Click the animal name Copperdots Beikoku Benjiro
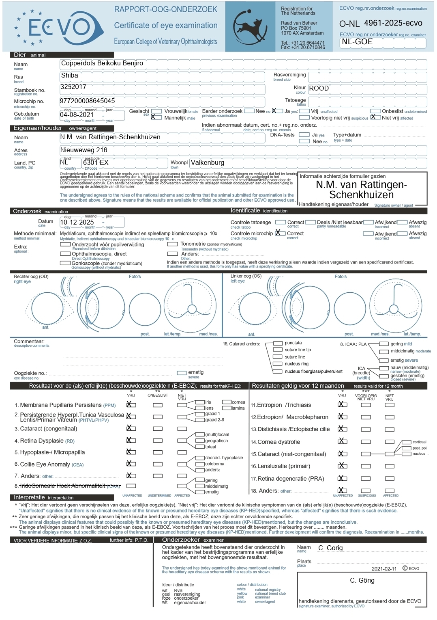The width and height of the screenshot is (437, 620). (102, 63)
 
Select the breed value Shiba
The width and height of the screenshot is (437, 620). (70, 76)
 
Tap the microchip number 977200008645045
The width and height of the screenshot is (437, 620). (88, 101)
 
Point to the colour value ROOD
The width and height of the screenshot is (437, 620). (319, 89)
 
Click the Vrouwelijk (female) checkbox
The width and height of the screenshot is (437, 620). (156, 111)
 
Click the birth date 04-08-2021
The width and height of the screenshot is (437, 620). (77, 115)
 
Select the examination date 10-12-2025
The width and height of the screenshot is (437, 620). (77, 223)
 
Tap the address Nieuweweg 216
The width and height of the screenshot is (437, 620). (84, 150)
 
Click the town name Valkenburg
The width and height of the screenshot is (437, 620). (208, 163)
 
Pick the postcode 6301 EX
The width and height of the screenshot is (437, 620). (96, 163)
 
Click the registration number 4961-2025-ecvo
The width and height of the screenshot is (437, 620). (393, 23)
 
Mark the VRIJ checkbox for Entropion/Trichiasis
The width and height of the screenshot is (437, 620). (343, 404)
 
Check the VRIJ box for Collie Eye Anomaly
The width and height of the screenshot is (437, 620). (131, 464)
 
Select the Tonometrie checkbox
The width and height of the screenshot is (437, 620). (172, 244)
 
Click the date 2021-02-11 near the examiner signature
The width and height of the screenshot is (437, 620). (384, 569)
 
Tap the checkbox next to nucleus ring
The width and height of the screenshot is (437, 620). (278, 364)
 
